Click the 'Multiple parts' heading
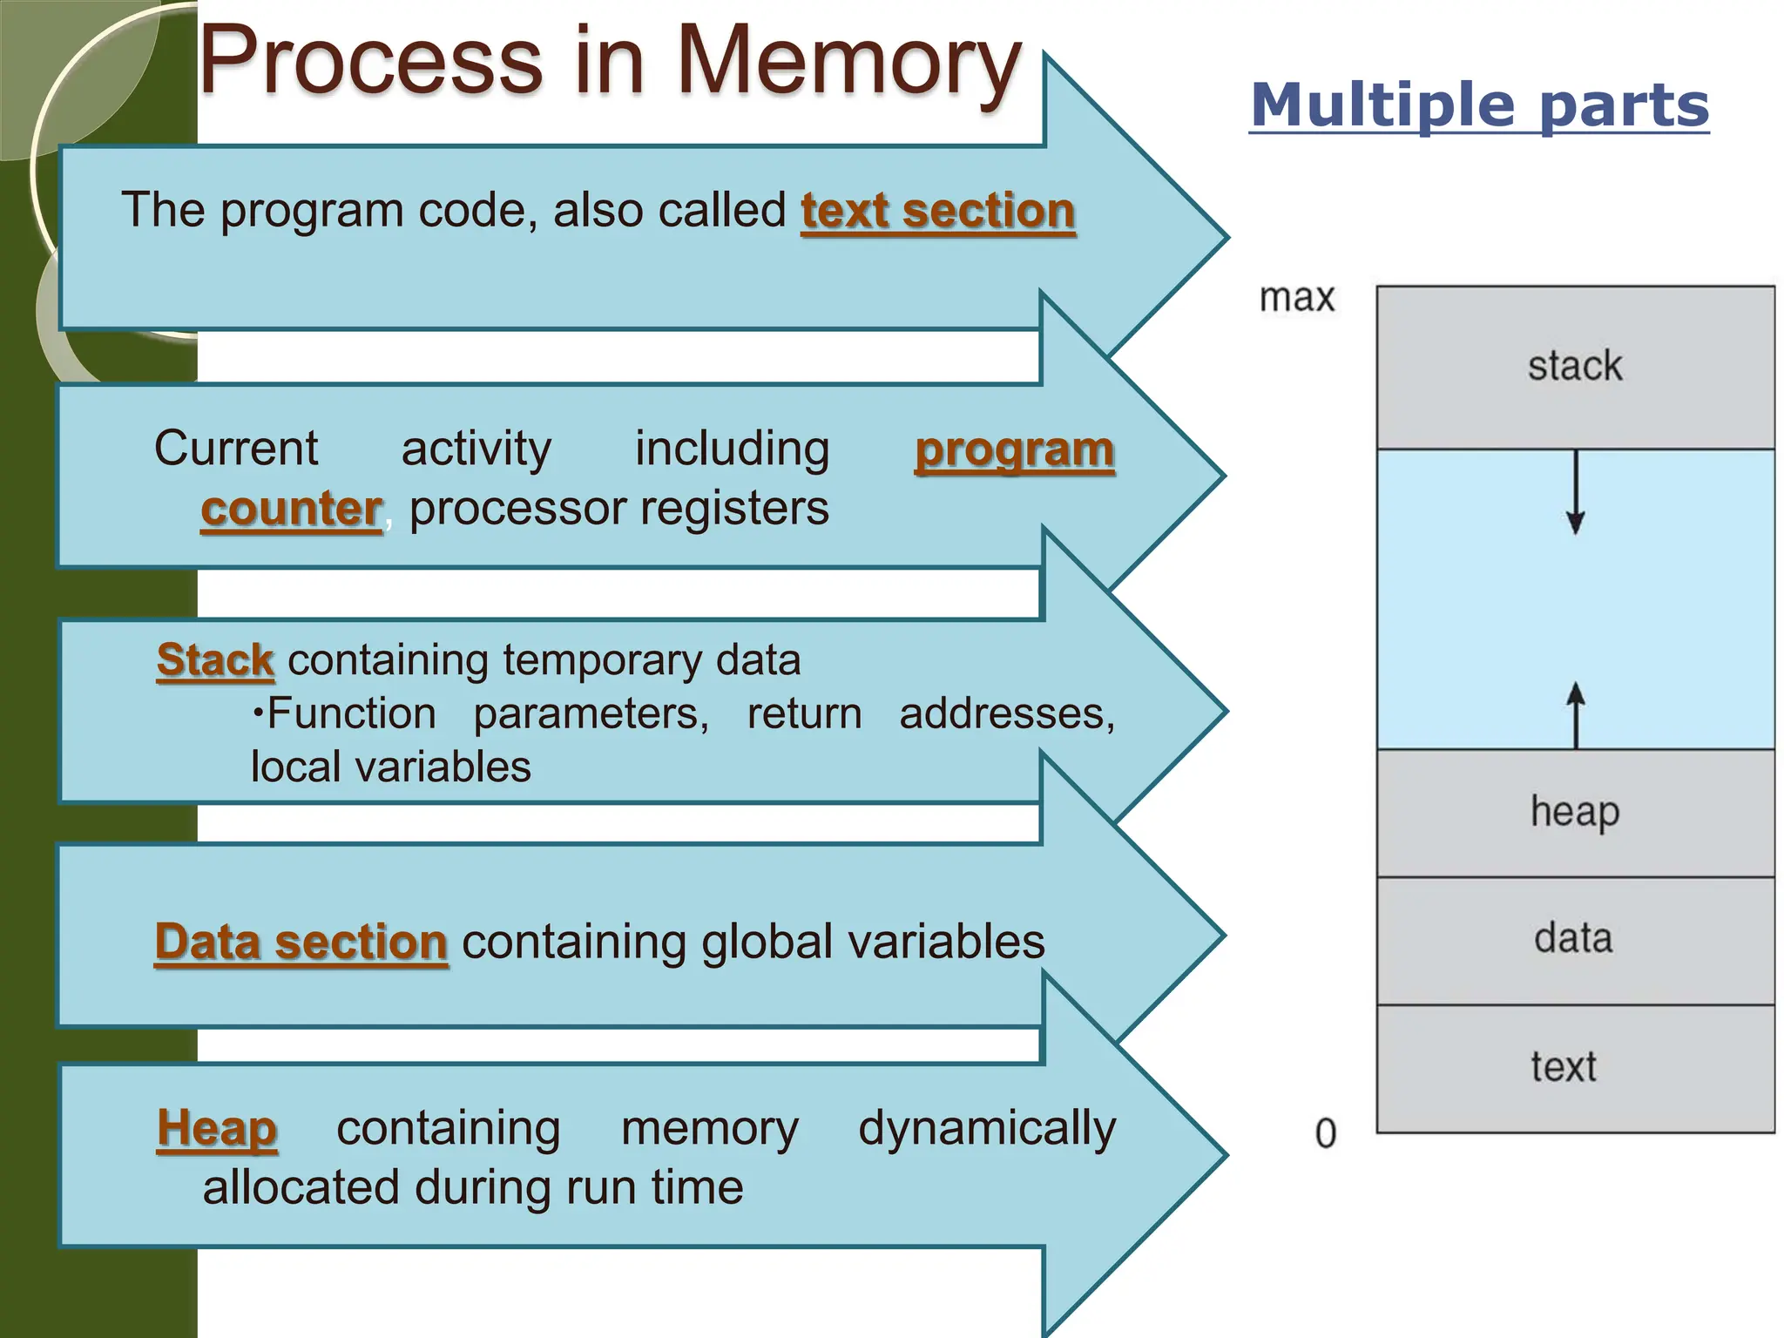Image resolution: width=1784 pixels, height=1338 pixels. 1478,105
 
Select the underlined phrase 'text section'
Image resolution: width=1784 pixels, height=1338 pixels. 937,211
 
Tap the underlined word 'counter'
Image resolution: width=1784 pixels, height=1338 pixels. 291,509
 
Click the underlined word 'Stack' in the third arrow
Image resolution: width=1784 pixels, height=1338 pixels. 215,660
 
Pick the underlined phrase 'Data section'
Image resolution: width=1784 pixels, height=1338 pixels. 301,943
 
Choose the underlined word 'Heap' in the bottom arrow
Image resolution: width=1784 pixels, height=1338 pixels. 217,1129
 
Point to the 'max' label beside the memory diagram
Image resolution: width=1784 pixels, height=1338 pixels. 1296,299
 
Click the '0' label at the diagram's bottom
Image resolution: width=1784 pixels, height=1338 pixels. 1325,1134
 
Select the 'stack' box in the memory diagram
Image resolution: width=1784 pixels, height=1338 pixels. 1575,367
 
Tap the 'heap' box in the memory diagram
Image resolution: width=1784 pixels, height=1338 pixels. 1575,813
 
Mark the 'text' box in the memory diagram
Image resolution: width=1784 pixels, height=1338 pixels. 1575,1068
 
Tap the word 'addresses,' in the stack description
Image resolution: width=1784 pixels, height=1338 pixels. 1006,714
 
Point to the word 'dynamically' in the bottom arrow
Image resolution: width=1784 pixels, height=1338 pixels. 986,1129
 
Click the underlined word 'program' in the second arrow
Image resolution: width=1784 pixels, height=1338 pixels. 1014,450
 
